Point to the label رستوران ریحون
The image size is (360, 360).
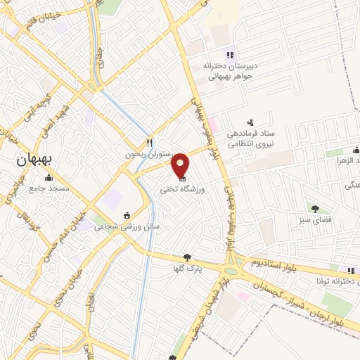[143, 154]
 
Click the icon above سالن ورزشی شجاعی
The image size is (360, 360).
[127, 216]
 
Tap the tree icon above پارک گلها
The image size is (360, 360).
[186, 258]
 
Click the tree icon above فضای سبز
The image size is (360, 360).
[315, 207]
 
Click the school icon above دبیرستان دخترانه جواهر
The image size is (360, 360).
[229, 55]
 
